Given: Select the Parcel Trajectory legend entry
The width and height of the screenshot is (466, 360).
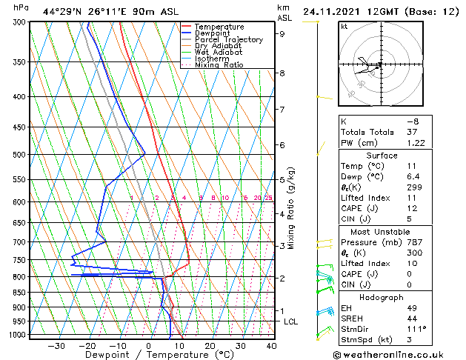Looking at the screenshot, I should pos(228,40).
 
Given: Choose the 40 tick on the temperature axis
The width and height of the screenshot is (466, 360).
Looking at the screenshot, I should pos(271,346).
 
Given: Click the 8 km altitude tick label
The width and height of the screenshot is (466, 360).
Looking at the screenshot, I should pos(282,73).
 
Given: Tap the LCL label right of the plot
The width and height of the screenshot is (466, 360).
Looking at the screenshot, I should pos(290,321).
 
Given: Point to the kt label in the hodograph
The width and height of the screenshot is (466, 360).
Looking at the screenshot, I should pos(344,26).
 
